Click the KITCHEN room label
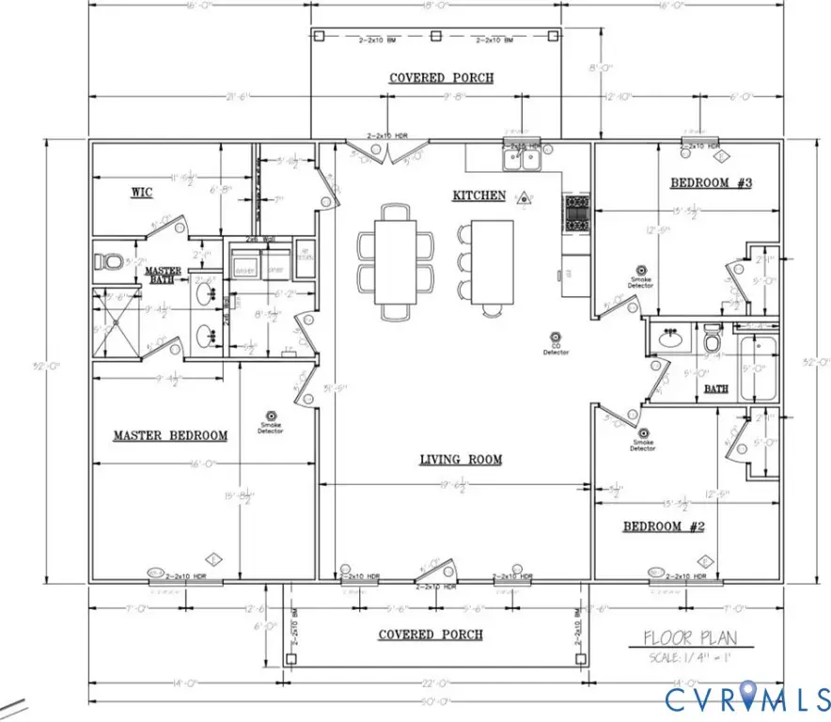point(478,196)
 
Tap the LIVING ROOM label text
point(460,460)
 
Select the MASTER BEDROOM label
point(170,435)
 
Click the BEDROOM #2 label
point(664,526)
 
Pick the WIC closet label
point(141,193)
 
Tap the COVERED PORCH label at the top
point(441,77)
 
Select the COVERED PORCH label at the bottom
point(431,635)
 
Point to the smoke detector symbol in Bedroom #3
point(642,270)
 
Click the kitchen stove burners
point(575,213)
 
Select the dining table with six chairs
point(396,261)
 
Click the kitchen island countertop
point(492,261)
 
